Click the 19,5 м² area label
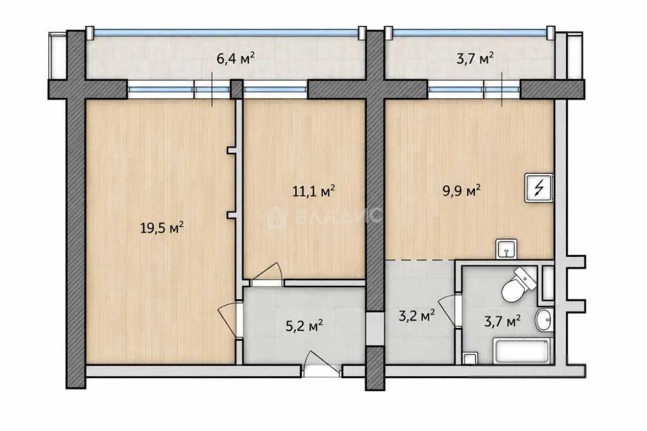click(x=162, y=228)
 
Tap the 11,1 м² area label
click(x=314, y=191)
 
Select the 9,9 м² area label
click(x=462, y=191)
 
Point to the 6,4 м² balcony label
click(x=236, y=59)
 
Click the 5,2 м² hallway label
click(x=304, y=326)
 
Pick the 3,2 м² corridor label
click(x=417, y=316)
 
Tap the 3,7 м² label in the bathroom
click(x=503, y=321)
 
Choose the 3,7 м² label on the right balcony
click(x=475, y=59)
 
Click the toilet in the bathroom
click(x=519, y=285)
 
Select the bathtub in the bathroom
click(x=522, y=351)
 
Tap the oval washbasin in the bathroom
click(x=544, y=320)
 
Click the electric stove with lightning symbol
click(x=539, y=188)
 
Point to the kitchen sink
click(x=506, y=249)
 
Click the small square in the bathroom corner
click(x=470, y=358)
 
